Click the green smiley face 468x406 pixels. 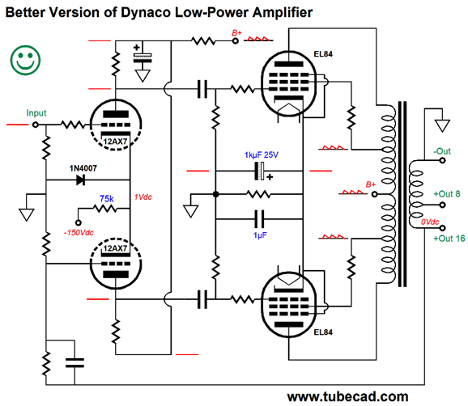[x=25, y=60]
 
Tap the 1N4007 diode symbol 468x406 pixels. [x=81, y=180]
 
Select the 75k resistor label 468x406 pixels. [x=107, y=198]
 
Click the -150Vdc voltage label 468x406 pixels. [x=79, y=232]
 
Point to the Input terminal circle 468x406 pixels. [x=36, y=125]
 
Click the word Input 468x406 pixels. [x=36, y=113]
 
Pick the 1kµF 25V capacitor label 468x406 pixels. [x=262, y=154]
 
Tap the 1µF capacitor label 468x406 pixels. [x=260, y=235]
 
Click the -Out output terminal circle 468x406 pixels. [x=442, y=160]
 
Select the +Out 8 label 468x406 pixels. [x=447, y=194]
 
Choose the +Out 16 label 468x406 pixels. [x=449, y=239]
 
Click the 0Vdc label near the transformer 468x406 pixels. [x=430, y=222]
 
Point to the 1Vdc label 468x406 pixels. [x=143, y=197]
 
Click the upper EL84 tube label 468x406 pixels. [x=323, y=54]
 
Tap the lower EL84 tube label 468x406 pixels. [x=323, y=332]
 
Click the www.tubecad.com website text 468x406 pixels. [x=347, y=396]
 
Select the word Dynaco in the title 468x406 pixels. [x=146, y=12]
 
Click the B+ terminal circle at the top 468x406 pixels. [x=236, y=40]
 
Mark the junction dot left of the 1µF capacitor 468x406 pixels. [x=216, y=194]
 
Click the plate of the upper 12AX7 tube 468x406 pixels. [x=116, y=114]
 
